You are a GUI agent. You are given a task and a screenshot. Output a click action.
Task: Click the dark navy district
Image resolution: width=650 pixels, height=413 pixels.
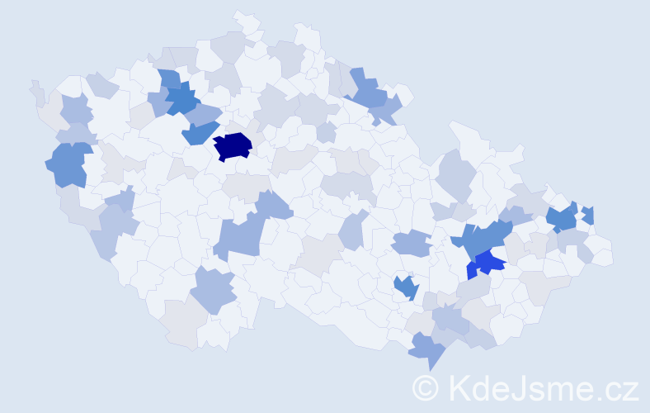tap(233, 146)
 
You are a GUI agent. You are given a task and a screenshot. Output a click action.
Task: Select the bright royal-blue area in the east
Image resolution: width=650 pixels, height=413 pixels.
tap(488, 263)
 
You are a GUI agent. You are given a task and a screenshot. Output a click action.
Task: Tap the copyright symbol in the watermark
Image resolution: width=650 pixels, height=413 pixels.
tap(426, 387)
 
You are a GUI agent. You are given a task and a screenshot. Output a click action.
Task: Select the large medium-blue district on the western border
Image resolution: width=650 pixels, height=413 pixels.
tap(69, 164)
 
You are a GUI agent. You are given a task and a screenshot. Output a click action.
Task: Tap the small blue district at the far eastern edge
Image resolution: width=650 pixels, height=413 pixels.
tap(588, 215)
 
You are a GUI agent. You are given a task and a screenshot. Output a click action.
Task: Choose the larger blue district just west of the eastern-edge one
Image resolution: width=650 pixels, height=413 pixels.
tap(563, 218)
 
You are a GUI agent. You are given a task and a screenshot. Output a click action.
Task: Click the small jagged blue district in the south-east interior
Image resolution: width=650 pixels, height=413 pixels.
tap(405, 287)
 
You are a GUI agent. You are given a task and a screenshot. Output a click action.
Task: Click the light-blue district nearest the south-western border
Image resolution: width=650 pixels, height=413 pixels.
tap(214, 291)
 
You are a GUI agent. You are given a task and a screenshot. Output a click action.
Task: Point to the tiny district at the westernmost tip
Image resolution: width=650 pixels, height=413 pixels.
tap(37, 92)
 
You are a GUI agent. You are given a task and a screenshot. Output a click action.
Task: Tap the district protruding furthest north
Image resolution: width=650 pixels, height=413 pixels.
tap(243, 20)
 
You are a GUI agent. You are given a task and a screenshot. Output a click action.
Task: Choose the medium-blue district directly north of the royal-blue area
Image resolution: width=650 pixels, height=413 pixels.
tap(487, 239)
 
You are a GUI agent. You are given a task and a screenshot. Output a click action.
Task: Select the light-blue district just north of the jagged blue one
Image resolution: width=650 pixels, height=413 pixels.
tap(411, 244)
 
